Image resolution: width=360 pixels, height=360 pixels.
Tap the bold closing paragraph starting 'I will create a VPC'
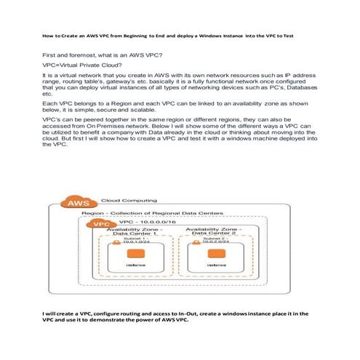click(x=178, y=316)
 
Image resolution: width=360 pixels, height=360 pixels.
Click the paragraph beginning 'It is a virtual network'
click(x=178, y=84)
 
